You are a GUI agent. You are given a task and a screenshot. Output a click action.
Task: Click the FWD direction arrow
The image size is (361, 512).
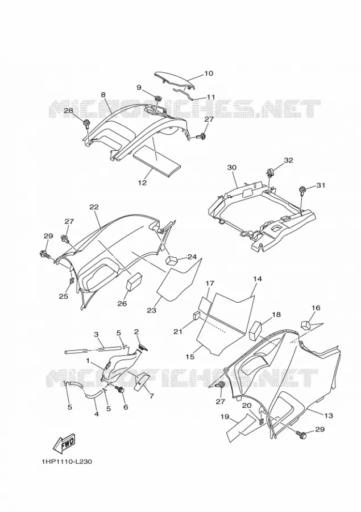pos(65,443)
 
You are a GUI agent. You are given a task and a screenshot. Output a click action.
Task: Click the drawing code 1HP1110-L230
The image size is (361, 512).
pos(67,462)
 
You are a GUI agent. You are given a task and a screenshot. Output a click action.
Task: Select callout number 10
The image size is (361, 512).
pos(208,73)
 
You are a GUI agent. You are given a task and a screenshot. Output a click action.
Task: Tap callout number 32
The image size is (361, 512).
pos(288,160)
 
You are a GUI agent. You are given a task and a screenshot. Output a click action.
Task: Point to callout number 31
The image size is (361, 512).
pos(321,185)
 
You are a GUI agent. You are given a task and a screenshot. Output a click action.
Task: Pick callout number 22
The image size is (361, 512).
pos(94,207)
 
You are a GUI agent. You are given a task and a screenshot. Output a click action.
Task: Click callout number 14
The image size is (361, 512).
pos(257,279)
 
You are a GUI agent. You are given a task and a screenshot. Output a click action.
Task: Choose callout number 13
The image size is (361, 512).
pos(329,415)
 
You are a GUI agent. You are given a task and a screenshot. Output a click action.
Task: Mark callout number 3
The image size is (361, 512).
pos(96,335)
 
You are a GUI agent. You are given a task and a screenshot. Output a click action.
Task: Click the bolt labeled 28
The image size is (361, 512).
pos(86,124)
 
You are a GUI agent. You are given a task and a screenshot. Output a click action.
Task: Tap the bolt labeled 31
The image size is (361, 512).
pos(302,190)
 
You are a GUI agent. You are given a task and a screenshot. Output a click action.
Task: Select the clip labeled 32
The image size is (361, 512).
pos(270,172)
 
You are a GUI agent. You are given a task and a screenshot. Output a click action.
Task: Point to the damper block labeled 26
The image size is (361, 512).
pos(135,282)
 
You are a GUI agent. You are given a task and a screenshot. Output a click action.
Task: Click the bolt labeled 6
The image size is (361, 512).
pos(121,390)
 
